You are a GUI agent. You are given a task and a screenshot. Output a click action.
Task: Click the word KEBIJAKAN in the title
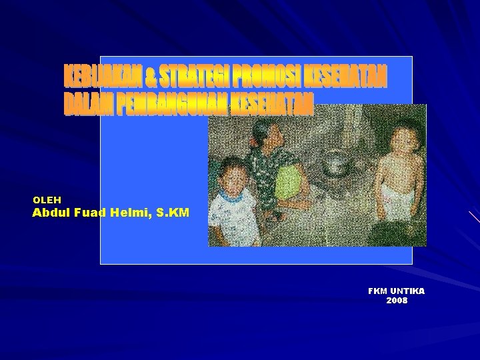[103, 77]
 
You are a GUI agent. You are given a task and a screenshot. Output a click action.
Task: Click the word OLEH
[47, 199]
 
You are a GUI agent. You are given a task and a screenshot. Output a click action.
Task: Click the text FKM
[378, 291]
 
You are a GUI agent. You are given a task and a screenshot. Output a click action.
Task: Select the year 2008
[397, 301]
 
